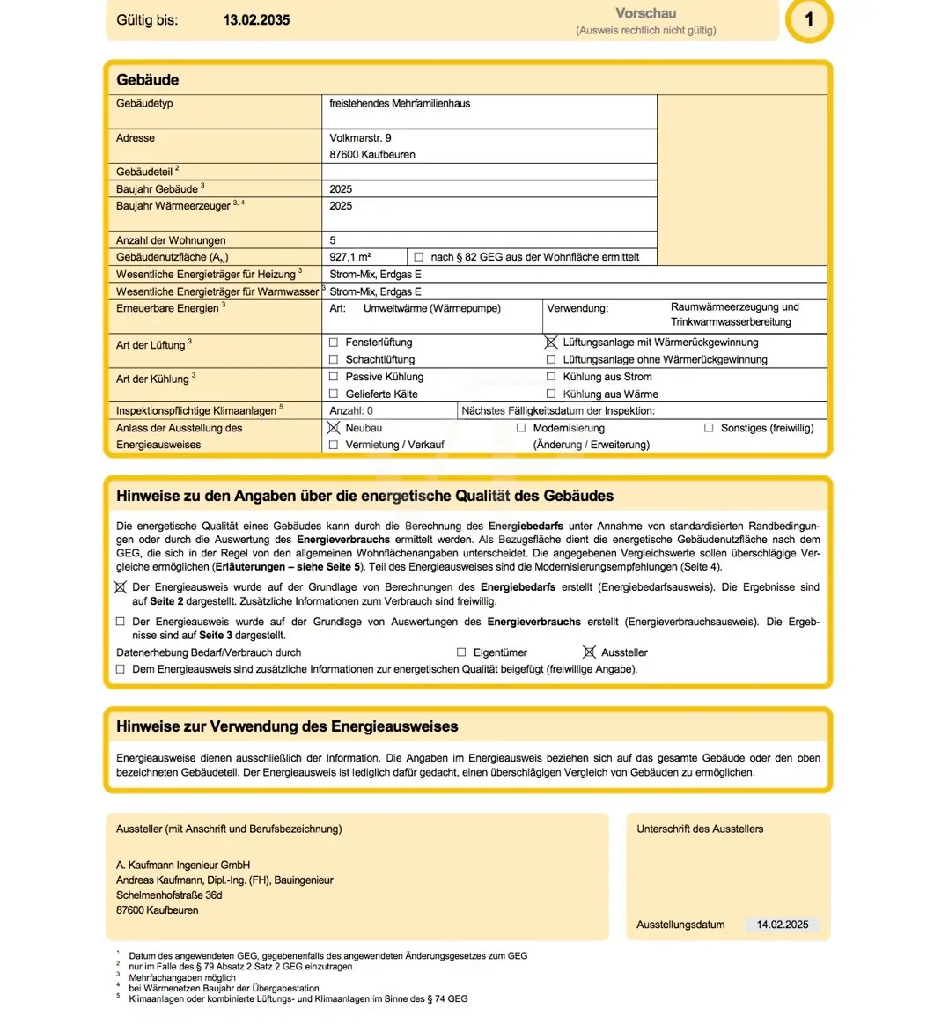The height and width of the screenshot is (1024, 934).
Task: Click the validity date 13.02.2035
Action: [x=256, y=19]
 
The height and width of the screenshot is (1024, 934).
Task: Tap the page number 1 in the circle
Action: [x=809, y=19]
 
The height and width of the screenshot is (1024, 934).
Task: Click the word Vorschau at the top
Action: [x=645, y=13]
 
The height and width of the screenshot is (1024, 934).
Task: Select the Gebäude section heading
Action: [x=148, y=80]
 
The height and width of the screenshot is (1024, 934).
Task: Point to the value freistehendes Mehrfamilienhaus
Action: [x=400, y=103]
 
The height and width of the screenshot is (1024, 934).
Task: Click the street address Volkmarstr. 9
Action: [x=361, y=138]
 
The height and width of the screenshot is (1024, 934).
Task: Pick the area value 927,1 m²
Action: [x=350, y=257]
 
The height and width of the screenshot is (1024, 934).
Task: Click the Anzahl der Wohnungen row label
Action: [x=171, y=240]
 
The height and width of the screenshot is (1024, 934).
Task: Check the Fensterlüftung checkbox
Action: [x=334, y=343]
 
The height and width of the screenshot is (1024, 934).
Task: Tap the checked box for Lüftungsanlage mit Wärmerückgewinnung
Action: [x=551, y=343]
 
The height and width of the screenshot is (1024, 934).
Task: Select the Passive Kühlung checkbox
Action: [x=334, y=377]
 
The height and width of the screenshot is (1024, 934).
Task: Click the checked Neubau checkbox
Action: [x=334, y=428]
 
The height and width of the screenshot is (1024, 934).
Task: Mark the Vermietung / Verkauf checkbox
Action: [x=334, y=446]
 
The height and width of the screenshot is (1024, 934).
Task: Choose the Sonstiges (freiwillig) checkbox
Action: [x=709, y=428]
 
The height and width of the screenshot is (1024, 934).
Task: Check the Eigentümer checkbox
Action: [x=461, y=652]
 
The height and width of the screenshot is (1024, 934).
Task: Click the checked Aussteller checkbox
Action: [x=589, y=652]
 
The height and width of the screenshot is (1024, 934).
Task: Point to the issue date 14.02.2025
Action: [x=783, y=925]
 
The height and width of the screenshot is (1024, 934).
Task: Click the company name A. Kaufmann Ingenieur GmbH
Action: [x=183, y=865]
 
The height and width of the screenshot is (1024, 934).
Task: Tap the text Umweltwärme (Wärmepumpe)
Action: [x=431, y=308]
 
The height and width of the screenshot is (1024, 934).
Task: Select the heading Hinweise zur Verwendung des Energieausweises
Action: [x=287, y=726]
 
